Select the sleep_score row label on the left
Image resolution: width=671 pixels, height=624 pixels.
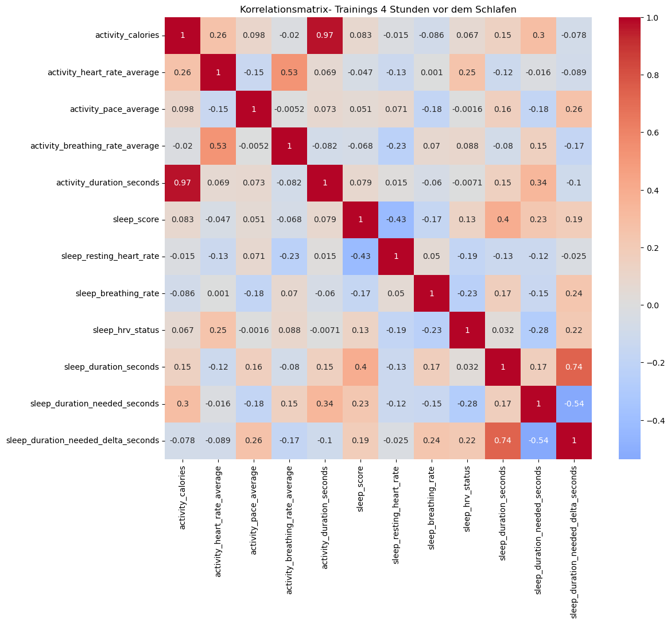[136, 219]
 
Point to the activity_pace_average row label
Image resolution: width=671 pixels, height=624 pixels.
[114, 109]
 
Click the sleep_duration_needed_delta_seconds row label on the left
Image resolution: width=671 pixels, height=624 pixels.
[83, 440]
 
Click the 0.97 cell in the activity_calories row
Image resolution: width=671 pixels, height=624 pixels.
[325, 36]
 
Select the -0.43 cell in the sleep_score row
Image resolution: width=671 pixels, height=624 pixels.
[396, 219]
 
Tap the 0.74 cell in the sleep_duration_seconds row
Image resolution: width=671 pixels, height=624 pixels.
[574, 367]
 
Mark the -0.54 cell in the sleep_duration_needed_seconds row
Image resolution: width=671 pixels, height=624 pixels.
[574, 404]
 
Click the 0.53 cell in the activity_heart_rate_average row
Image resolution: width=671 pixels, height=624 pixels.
[289, 72]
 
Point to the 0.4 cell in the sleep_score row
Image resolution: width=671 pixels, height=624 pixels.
[503, 219]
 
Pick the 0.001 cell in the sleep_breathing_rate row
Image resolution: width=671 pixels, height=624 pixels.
[218, 293]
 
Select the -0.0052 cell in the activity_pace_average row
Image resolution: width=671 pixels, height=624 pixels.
[289, 109]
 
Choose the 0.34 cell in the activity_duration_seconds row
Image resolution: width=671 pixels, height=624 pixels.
[538, 183]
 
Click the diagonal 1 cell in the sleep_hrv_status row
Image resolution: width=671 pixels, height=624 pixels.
[467, 330]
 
